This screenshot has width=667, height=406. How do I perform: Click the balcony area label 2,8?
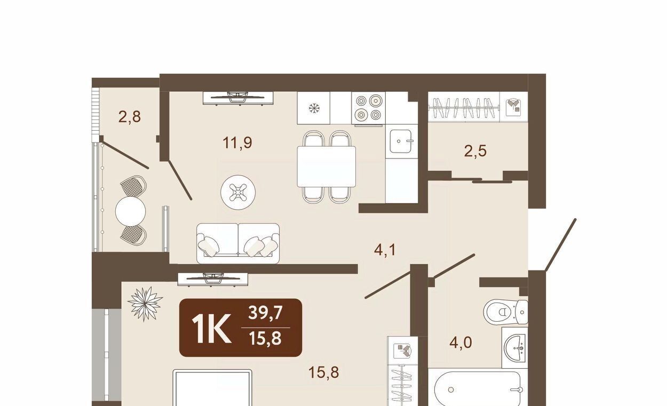pos(130,117)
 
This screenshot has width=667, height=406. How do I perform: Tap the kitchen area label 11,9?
pos(237,142)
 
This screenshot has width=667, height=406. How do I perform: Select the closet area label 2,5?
pos(475,151)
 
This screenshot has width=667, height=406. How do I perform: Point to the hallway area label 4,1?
pos(385,250)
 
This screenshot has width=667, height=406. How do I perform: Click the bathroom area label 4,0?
pos(460,343)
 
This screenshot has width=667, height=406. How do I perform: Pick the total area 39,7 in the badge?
pos(265,313)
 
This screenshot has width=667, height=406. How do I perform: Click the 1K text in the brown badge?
pos(212,329)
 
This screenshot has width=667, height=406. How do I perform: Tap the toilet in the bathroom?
pos(506,312)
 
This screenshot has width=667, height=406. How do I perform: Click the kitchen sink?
pos(401,141)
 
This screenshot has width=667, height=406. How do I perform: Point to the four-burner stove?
pos(369,108)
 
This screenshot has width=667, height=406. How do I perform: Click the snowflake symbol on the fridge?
pos(314,108)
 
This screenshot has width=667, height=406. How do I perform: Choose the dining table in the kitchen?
pos(327,166)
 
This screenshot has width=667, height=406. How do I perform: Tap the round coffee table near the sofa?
pos(238,192)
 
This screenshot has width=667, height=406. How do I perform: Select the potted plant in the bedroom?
pos(145,304)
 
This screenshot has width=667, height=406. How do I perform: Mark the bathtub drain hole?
pos(451,389)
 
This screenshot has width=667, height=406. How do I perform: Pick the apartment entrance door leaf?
pos(561,245)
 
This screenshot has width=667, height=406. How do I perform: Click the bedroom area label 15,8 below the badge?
pos(324,372)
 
